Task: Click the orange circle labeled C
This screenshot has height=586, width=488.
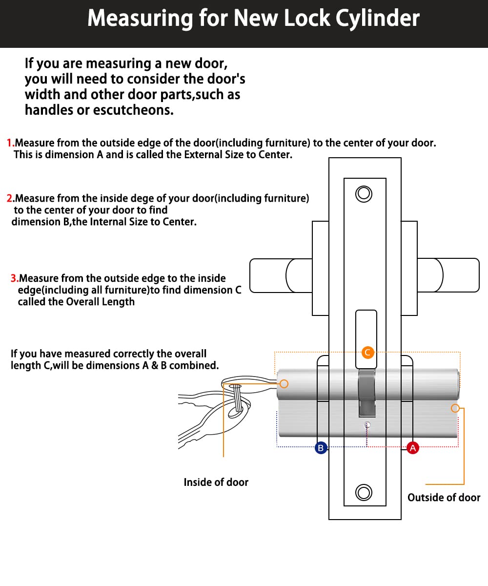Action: (368, 352)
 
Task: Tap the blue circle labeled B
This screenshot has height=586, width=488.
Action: (321, 448)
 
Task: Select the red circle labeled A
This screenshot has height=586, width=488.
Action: (413, 448)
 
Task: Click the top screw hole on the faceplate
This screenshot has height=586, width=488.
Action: (364, 194)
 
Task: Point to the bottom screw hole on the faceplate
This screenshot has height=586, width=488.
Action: (364, 492)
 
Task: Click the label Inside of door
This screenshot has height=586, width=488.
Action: (216, 482)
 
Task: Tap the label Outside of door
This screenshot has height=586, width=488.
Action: (444, 498)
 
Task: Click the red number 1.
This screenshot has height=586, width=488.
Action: (10, 143)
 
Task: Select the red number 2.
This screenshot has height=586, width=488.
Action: (10, 198)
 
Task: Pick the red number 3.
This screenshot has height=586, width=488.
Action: (14, 278)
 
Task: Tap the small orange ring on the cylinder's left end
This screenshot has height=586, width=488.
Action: (285, 384)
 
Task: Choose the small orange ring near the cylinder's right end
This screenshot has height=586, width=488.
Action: (455, 408)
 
